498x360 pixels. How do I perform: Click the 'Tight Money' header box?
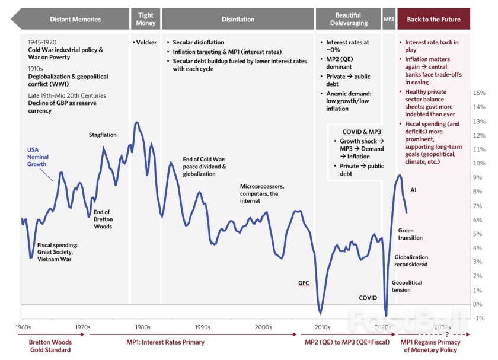(x=145, y=19)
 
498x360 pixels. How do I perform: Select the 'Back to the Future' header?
(x=433, y=19)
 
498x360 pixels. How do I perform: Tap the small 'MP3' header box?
(x=389, y=19)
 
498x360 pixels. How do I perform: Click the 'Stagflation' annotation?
(x=103, y=135)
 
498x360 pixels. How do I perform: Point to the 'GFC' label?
(x=304, y=283)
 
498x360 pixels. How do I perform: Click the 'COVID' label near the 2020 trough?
(x=368, y=298)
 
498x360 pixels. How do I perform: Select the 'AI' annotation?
(x=413, y=190)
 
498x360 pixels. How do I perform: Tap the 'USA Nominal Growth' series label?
(x=38, y=157)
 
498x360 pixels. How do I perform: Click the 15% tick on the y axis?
(x=479, y=93)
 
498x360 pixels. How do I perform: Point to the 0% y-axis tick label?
(x=477, y=304)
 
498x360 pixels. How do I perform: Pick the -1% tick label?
(x=478, y=318)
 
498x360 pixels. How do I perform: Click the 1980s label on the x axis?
(x=143, y=327)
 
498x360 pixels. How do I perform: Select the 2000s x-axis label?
(x=263, y=327)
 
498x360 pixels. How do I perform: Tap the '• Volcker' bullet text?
(x=145, y=42)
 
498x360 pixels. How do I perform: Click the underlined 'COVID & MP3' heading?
(x=362, y=132)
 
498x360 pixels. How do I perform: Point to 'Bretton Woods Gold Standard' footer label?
(x=50, y=346)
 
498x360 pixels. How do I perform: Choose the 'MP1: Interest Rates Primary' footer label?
(x=165, y=342)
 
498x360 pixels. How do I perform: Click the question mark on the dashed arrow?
(x=447, y=334)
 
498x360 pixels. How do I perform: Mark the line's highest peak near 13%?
(x=136, y=122)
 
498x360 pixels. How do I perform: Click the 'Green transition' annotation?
(x=410, y=234)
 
